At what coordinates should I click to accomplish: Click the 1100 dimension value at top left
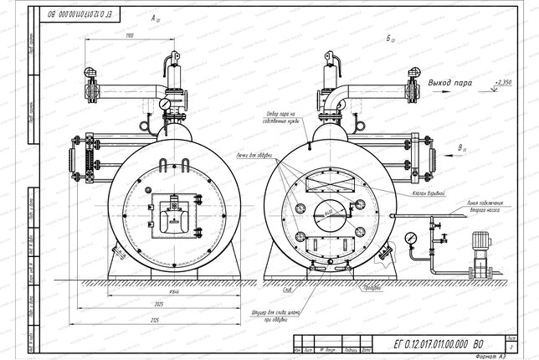click(129, 37)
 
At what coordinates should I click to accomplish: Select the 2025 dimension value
click(147, 301)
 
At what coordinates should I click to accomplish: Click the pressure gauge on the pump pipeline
click(410, 238)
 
